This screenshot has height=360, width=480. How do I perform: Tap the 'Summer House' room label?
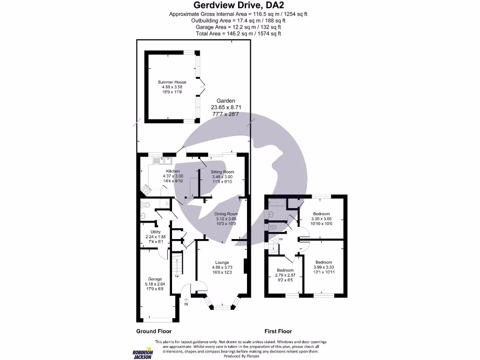172,82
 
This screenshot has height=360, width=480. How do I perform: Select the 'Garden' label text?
225,101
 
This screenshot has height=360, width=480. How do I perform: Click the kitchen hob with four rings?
145,190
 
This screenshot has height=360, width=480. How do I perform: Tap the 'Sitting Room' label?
222,172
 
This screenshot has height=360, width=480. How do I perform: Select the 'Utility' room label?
156,232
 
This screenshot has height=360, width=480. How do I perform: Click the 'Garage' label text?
155,279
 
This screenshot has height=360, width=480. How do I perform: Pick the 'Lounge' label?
222,262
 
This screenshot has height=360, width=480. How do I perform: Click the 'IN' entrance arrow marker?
186,302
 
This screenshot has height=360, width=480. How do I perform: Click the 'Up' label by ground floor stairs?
177,276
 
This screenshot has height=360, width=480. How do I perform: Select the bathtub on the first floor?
277,203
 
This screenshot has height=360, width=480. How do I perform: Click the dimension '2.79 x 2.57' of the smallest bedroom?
285,275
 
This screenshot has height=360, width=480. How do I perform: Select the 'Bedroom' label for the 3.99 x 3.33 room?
323,262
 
